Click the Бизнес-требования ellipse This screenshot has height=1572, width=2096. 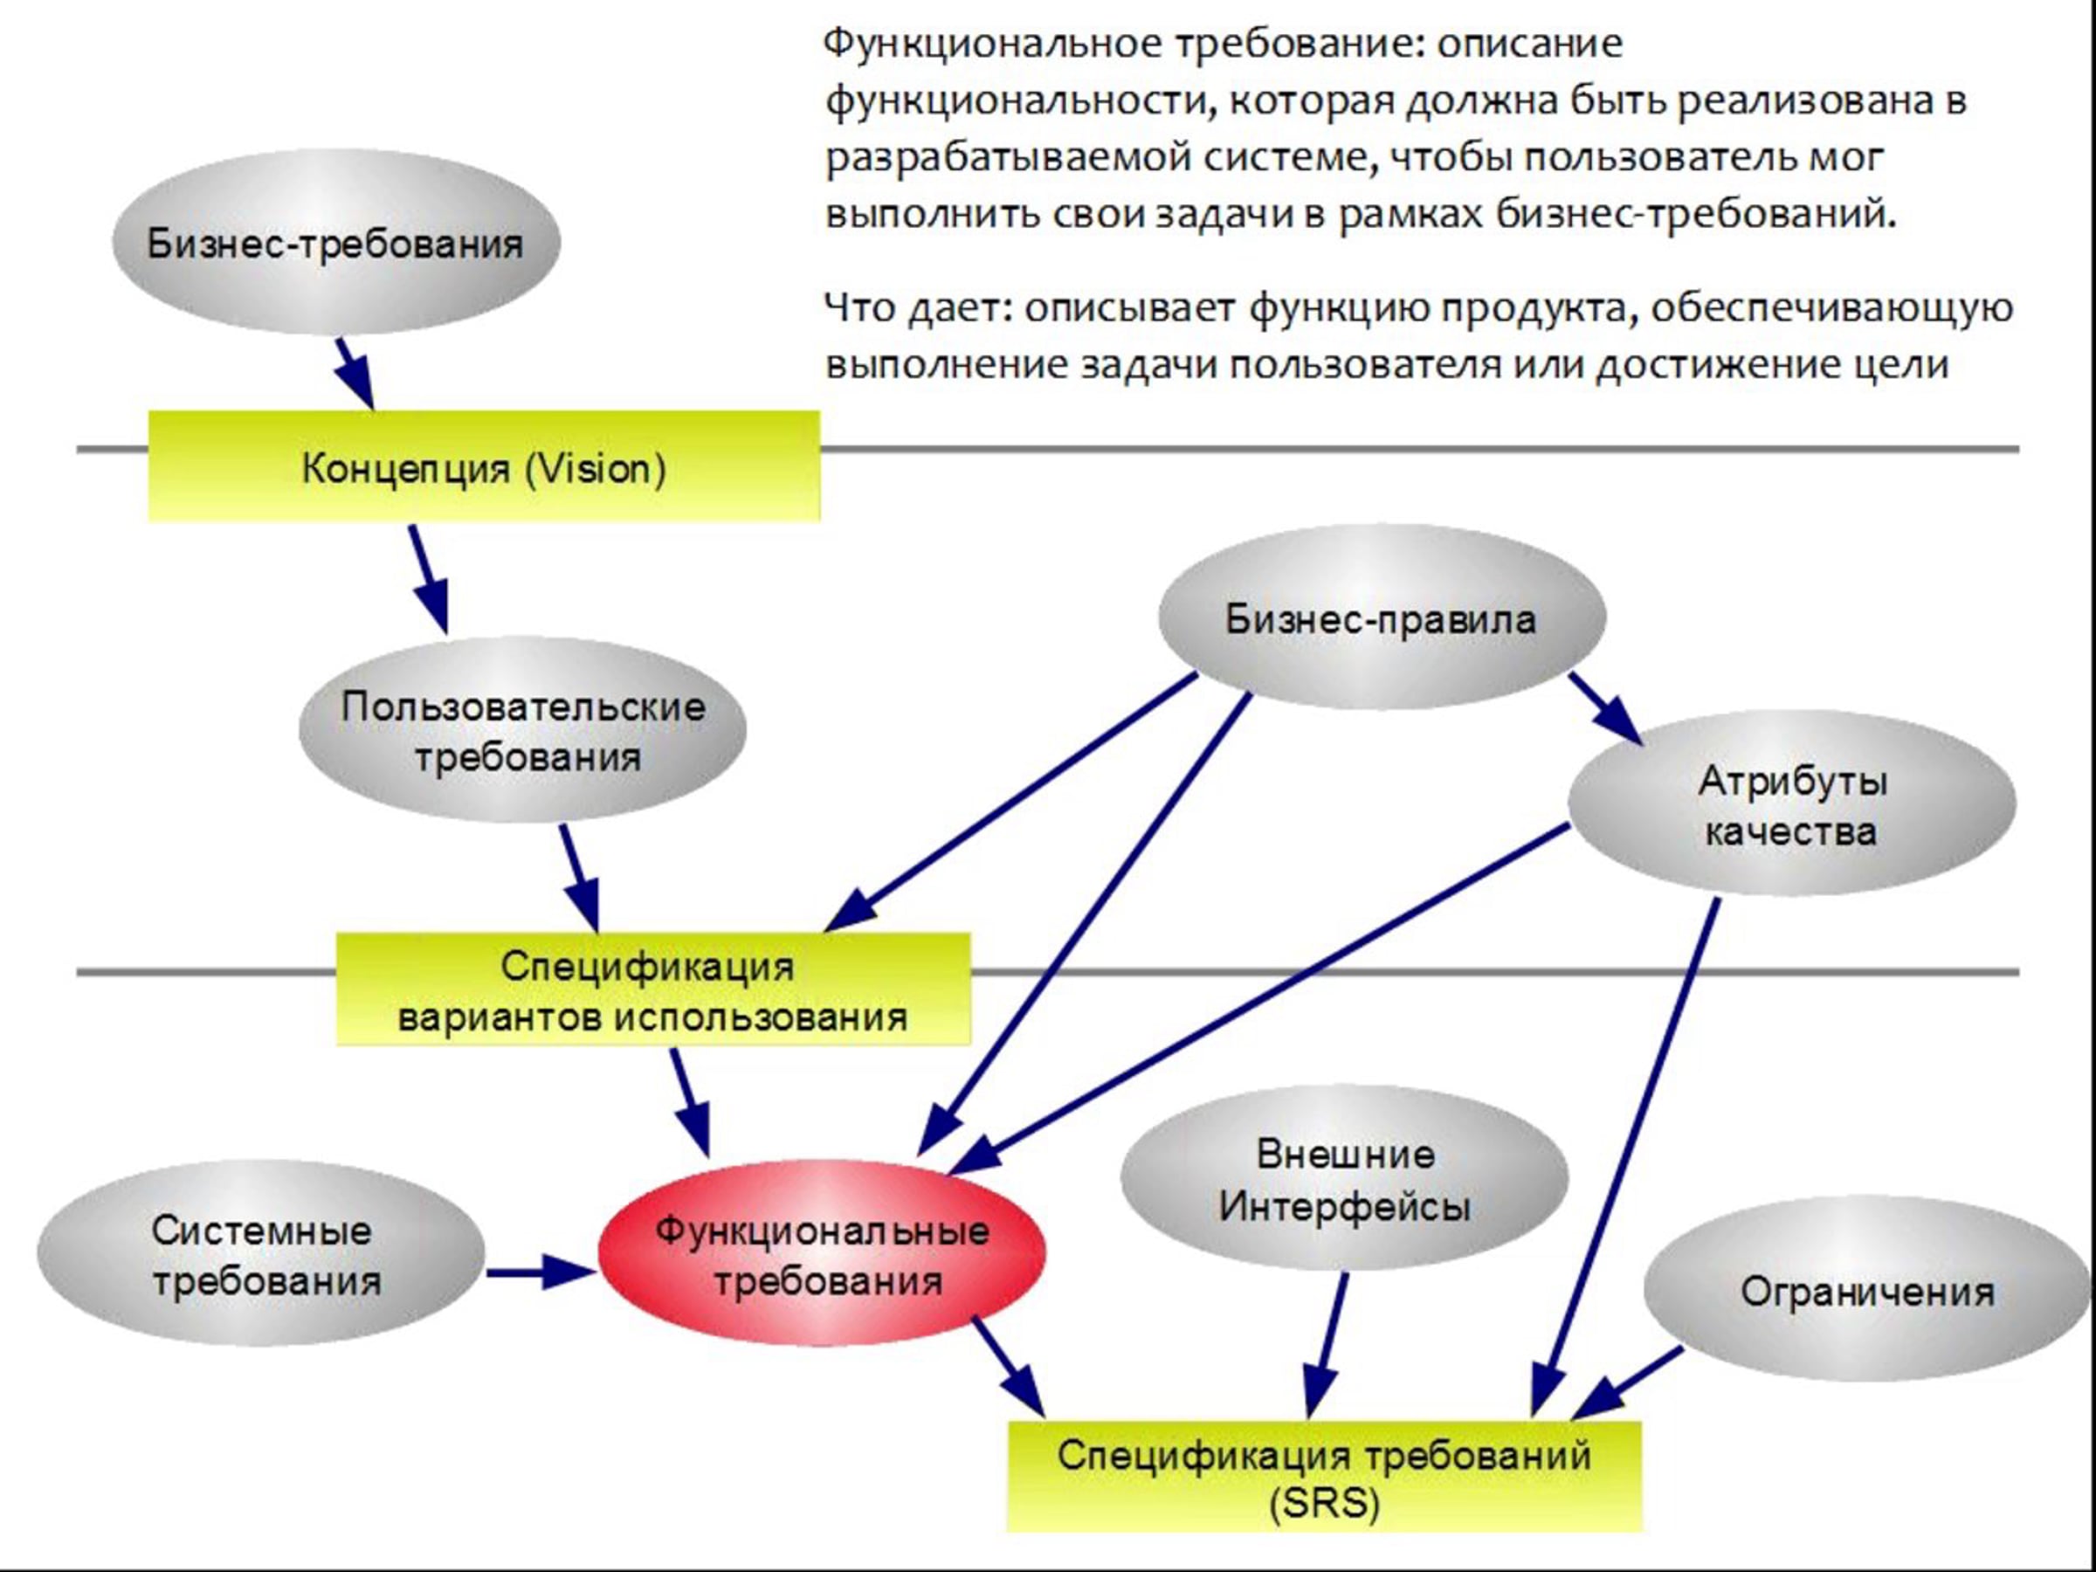coord(336,243)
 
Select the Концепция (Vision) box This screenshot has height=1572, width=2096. coord(484,466)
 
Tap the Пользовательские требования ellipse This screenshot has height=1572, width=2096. coord(523,729)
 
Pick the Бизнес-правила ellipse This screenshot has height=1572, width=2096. coord(1382,617)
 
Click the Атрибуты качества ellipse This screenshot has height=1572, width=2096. coord(1792,803)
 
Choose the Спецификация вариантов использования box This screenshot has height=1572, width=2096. coord(654,989)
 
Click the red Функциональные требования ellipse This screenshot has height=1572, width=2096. coord(823,1253)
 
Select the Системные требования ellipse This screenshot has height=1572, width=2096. coord(261,1253)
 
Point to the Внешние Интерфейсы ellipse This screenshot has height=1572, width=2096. coord(1345,1179)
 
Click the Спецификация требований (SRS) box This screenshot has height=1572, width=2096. coord(1325,1476)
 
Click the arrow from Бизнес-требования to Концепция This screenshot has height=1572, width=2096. coord(355,375)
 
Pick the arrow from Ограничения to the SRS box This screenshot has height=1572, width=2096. coord(1626,1383)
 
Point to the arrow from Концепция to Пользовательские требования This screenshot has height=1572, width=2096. coord(428,579)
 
